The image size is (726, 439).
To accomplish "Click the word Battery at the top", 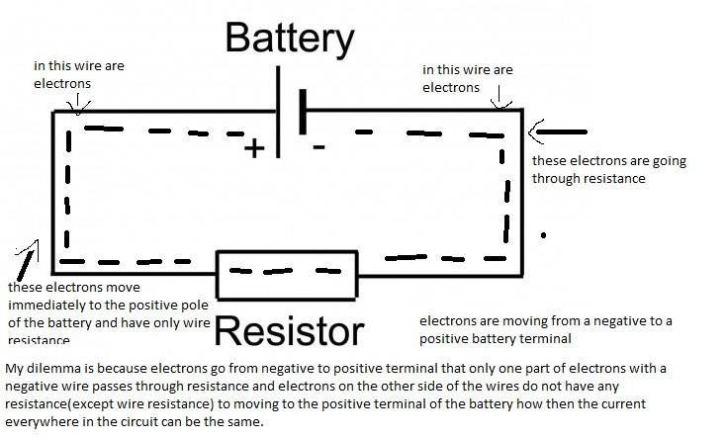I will (x=289, y=39).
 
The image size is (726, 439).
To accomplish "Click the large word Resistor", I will (x=289, y=330).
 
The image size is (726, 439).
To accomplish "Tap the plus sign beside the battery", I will (x=255, y=148).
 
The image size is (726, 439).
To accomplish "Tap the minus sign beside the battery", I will (x=318, y=147).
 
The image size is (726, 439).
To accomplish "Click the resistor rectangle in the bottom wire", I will (x=287, y=274).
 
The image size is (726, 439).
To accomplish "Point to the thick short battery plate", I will (x=301, y=115).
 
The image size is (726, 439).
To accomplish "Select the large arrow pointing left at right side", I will (x=559, y=132).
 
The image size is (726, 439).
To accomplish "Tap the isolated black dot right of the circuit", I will (x=543, y=235).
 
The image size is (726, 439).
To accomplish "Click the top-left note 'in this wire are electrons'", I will (x=79, y=75).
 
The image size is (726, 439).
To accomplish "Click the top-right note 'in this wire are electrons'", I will (x=468, y=78).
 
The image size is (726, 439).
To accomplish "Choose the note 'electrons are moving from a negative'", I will (x=546, y=330).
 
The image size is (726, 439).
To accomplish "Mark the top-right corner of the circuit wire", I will (x=521, y=110).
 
